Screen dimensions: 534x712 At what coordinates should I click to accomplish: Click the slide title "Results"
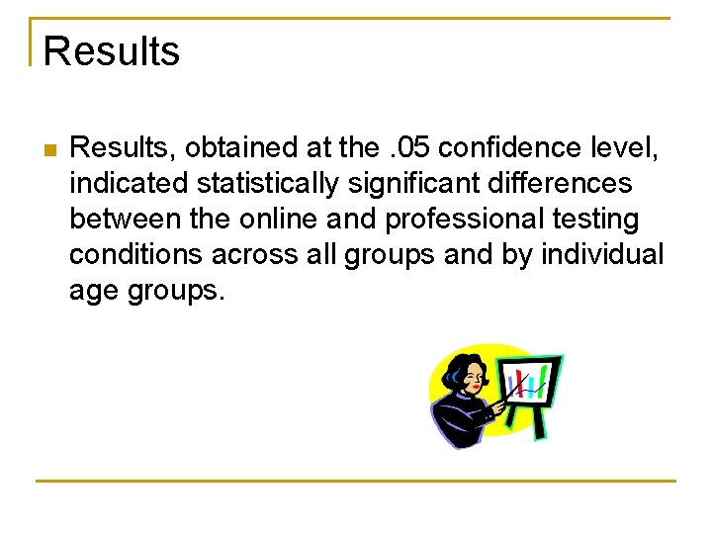(x=112, y=51)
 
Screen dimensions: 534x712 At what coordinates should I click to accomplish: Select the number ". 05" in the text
(x=409, y=148)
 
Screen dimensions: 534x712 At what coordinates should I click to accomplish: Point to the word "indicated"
(x=128, y=184)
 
